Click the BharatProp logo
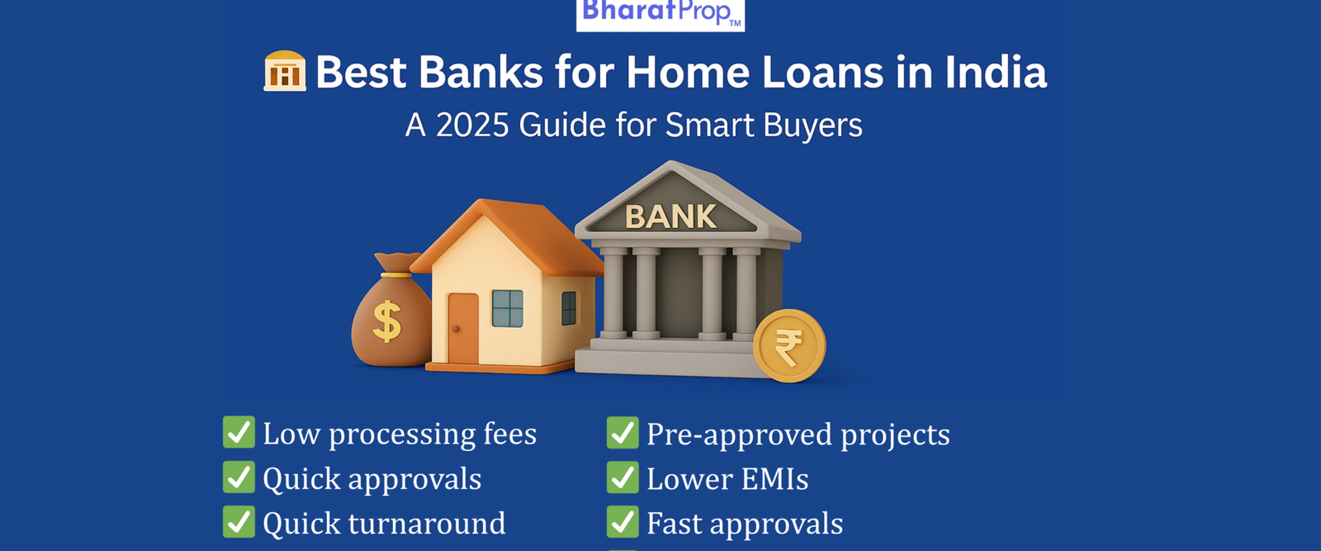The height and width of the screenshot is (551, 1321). [660, 14]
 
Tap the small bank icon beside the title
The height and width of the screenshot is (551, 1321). [285, 71]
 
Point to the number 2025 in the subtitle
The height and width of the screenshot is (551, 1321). [472, 125]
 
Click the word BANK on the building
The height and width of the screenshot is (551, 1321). [670, 216]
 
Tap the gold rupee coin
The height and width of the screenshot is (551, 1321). [789, 345]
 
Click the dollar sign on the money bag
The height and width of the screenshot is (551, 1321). [387, 321]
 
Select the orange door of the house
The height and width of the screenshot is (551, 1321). [463, 329]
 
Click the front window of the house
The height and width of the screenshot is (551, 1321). [508, 308]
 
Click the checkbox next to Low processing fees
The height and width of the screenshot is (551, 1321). [239, 432]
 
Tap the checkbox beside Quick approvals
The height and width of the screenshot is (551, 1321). [239, 477]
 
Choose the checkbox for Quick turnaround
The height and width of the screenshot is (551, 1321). [239, 521]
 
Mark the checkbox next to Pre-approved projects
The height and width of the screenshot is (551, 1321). [623, 432]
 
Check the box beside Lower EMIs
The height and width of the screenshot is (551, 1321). [623, 477]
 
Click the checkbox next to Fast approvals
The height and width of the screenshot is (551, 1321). [623, 522]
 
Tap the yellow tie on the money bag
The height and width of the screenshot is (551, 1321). [395, 275]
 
